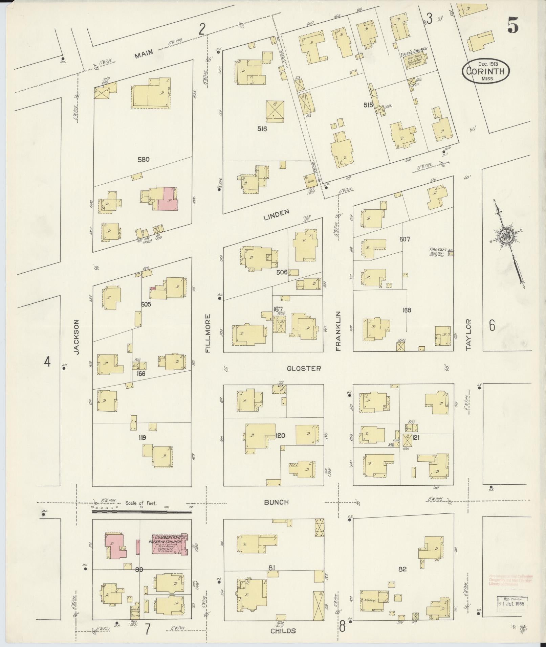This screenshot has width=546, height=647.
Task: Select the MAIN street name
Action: tap(144, 53)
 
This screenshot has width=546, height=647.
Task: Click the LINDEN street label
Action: tap(277, 212)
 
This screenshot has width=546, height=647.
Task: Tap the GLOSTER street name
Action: tap(304, 368)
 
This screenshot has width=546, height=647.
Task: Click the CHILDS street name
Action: tap(283, 631)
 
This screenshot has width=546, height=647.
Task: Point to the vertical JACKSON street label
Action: tap(77, 337)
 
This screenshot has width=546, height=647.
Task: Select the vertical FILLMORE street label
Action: tap(208, 333)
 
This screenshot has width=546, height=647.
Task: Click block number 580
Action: tap(144, 159)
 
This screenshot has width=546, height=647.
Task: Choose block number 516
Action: tap(262, 129)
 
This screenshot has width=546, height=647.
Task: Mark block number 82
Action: tap(402, 569)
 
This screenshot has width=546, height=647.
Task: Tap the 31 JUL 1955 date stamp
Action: tap(512, 604)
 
